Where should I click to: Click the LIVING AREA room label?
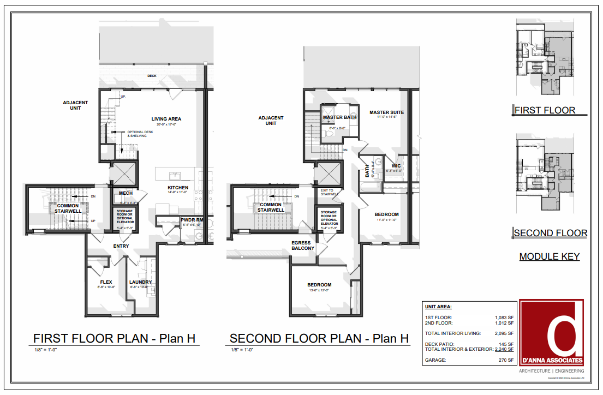point(166,119)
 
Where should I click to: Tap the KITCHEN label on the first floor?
point(177,188)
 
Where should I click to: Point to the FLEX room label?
point(106,282)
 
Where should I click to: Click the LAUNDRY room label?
point(140,282)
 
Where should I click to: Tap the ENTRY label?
point(121,246)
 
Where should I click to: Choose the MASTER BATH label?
point(339,117)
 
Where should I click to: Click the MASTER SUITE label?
point(386,113)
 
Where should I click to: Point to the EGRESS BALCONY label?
point(303,246)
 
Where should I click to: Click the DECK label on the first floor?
point(152,76)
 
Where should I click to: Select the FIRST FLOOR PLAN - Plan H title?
point(114,338)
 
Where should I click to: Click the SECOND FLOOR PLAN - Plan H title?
point(319,338)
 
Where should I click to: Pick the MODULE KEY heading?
point(549,256)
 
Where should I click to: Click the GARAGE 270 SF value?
point(504,361)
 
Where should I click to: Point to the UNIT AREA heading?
point(438,307)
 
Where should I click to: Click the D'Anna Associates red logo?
point(551,332)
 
